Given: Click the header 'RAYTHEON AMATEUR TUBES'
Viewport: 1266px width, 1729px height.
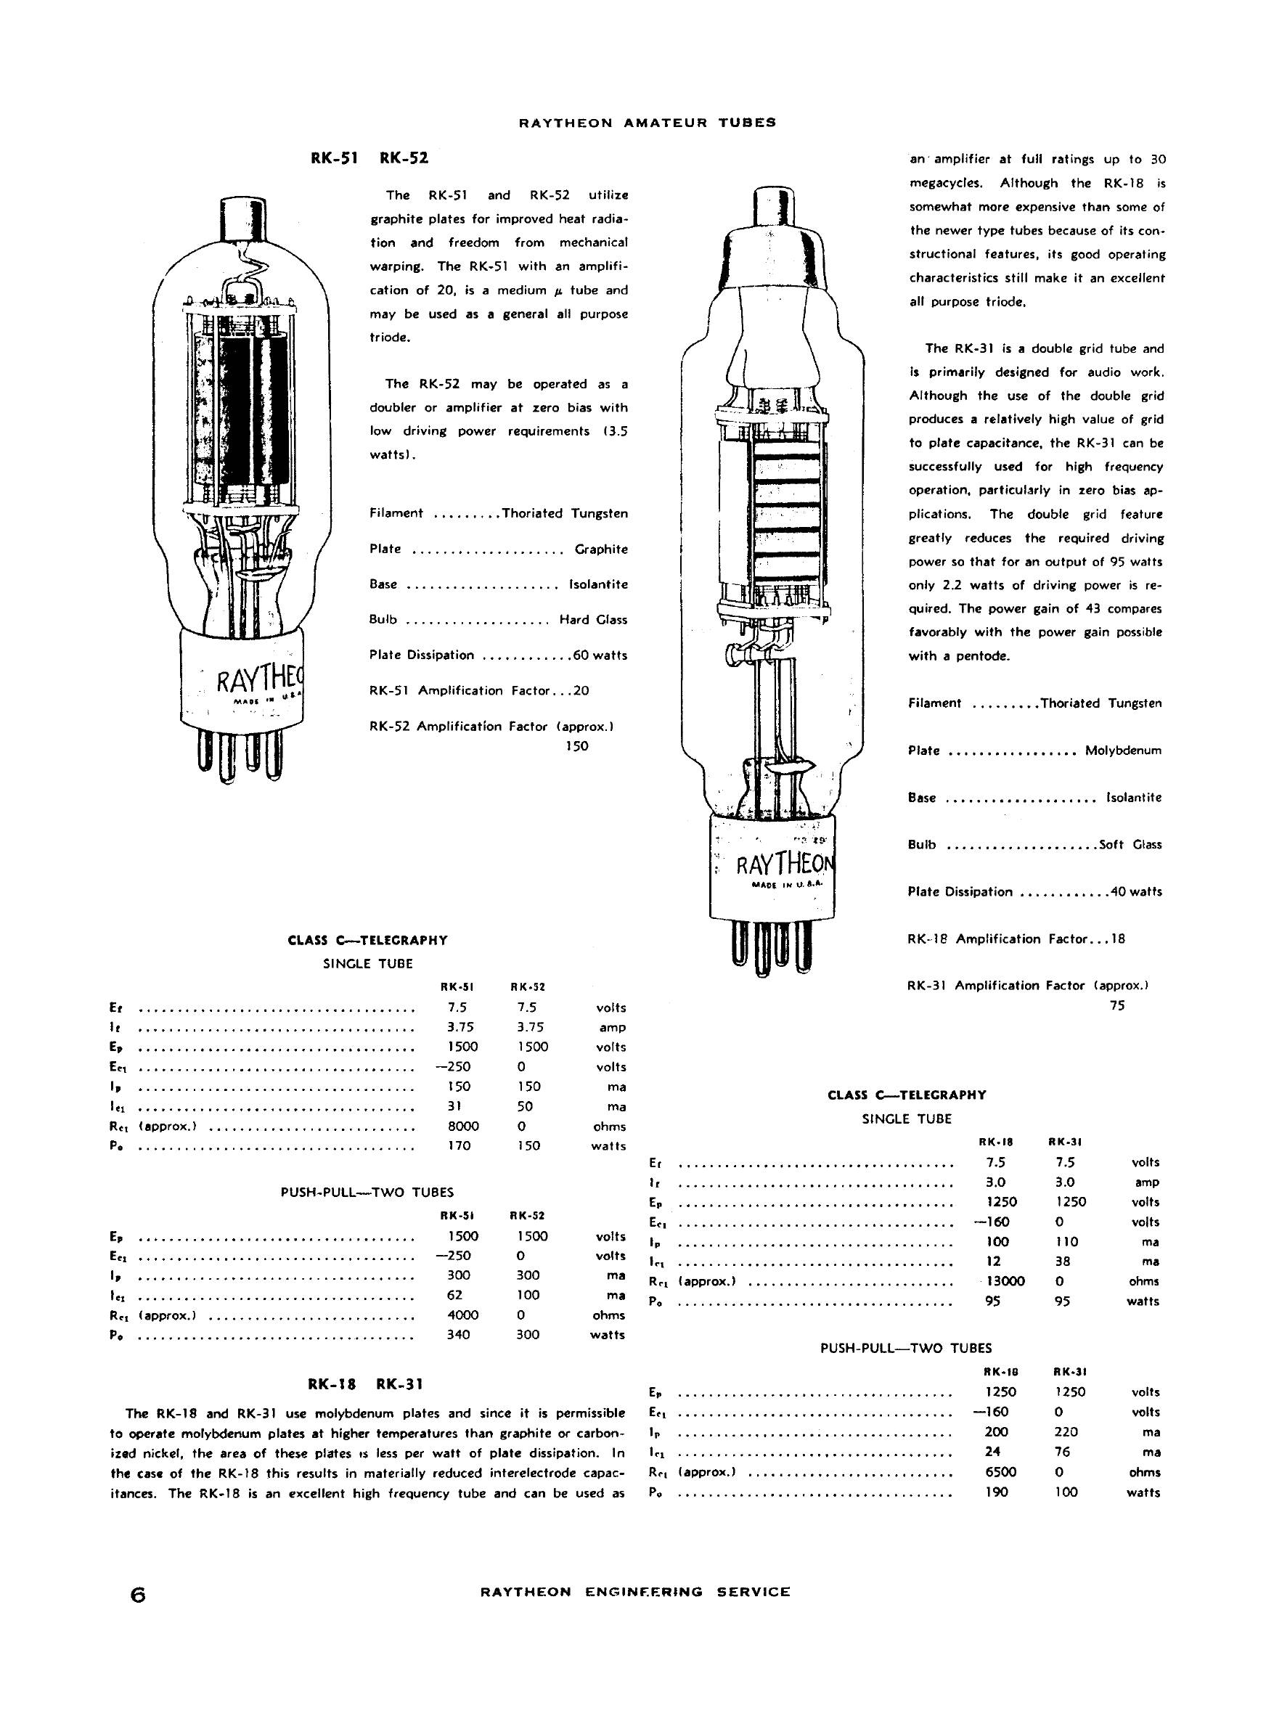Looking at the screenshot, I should pos(648,123).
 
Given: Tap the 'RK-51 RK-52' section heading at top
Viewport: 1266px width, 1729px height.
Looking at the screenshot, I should pos(369,158).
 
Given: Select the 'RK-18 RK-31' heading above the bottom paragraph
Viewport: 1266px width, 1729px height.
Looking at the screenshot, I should pos(365,1383).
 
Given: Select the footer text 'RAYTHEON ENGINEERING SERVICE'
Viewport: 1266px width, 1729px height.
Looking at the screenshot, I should pos(635,1592).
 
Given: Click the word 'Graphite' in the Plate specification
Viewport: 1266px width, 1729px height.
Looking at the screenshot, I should pos(601,549).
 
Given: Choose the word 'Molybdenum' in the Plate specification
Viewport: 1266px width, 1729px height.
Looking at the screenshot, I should pos(1123,751).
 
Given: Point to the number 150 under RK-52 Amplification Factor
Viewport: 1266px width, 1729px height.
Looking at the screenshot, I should pos(576,745).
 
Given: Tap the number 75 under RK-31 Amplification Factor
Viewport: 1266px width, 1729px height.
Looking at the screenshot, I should pos(1116,1005).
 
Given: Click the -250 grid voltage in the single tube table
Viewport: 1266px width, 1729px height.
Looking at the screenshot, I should pos(453,1066).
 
